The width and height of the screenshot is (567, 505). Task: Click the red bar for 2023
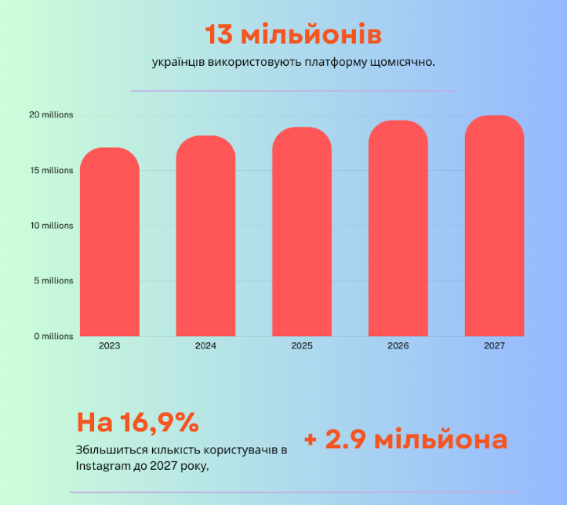coord(110,242)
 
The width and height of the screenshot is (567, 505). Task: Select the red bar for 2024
coord(205,236)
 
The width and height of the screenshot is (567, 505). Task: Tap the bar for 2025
coord(302,232)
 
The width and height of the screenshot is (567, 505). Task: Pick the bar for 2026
coord(398,229)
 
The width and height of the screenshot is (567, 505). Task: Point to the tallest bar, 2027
coord(494,226)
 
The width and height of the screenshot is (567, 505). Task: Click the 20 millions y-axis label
coord(51,115)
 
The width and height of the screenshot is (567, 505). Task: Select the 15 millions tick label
coord(52,170)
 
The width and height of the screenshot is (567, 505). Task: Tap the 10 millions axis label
coord(52,225)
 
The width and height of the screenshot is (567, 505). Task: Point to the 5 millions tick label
coord(53,281)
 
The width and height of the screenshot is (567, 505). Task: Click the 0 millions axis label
coord(53,337)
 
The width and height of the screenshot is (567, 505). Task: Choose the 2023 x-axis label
coord(110,346)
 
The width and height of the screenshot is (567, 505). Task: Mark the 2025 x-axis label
coord(302,346)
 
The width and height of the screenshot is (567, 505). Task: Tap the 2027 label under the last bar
coord(494,346)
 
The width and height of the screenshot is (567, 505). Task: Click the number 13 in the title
coord(219,35)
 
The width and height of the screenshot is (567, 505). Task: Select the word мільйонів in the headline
coord(311,34)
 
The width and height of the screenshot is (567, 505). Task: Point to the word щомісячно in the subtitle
coord(402,63)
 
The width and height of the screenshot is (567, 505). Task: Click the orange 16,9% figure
coord(159,422)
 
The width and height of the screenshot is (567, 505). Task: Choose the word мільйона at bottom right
coord(441,438)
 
